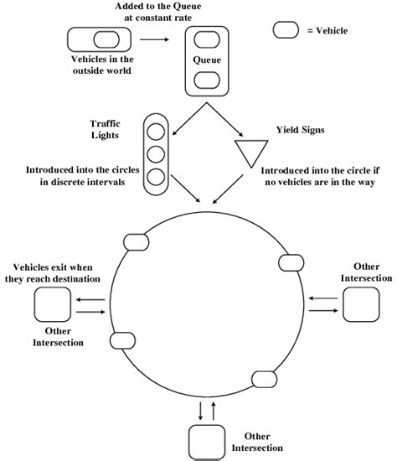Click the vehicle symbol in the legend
[287, 29]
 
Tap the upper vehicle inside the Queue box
[206, 38]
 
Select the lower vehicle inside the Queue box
[206, 80]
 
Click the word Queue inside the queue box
[206, 60]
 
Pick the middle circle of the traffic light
[156, 153]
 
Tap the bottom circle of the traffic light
[156, 176]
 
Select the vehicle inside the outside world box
[106, 39]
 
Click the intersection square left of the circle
[52, 306]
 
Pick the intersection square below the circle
[206, 442]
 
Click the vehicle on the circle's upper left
[135, 242]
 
